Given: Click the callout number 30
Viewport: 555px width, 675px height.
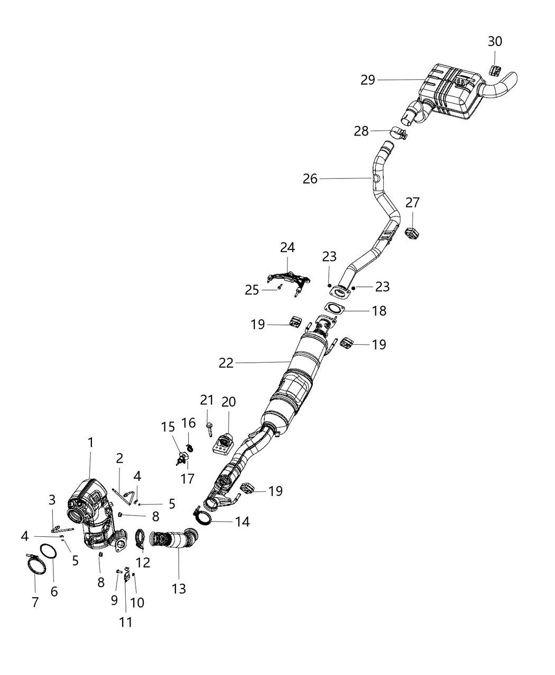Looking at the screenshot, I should (495, 41).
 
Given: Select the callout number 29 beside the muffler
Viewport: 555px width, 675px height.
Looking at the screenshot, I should (368, 80).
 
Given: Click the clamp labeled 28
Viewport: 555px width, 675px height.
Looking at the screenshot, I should (399, 132).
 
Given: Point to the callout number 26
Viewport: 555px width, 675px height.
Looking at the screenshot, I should (310, 179).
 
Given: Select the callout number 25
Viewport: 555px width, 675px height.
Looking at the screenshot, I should (252, 290).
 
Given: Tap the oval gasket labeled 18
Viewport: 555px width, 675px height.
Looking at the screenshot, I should (332, 309).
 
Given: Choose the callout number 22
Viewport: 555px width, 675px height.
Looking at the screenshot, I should (226, 363).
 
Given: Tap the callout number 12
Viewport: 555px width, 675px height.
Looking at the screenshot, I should (143, 562).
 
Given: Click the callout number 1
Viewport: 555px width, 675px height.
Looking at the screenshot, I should (90, 442).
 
